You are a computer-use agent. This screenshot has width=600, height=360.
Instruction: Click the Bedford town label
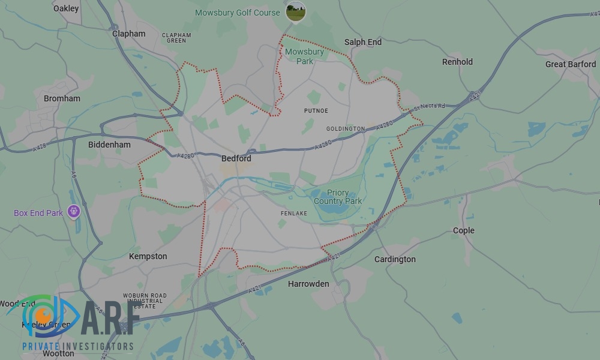(x=236, y=159)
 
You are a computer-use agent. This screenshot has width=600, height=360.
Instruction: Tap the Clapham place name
(x=129, y=34)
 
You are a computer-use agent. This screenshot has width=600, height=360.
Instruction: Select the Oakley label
(x=66, y=8)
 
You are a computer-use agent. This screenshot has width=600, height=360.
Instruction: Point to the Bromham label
(x=62, y=98)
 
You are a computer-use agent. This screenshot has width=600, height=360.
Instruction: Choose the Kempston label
(x=148, y=256)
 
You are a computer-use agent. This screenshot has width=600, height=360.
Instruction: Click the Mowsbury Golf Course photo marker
(x=295, y=11)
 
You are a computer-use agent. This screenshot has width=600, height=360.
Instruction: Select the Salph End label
(x=363, y=42)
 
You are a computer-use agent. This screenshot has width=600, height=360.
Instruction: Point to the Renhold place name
(x=457, y=62)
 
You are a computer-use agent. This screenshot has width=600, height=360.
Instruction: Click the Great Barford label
(x=571, y=64)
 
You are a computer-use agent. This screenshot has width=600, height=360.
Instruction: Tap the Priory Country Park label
(x=338, y=197)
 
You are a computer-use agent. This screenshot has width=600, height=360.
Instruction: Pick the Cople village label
(x=463, y=230)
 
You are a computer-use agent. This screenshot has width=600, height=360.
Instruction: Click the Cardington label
(x=395, y=259)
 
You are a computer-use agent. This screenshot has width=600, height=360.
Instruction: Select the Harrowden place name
(x=308, y=284)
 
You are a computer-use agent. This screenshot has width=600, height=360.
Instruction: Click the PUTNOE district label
(x=316, y=111)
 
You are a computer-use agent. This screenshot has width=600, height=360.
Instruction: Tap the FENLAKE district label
(x=294, y=213)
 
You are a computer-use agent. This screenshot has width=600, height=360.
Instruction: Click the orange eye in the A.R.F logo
(x=43, y=314)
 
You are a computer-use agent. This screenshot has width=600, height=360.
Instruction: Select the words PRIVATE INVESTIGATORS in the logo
(x=78, y=346)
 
